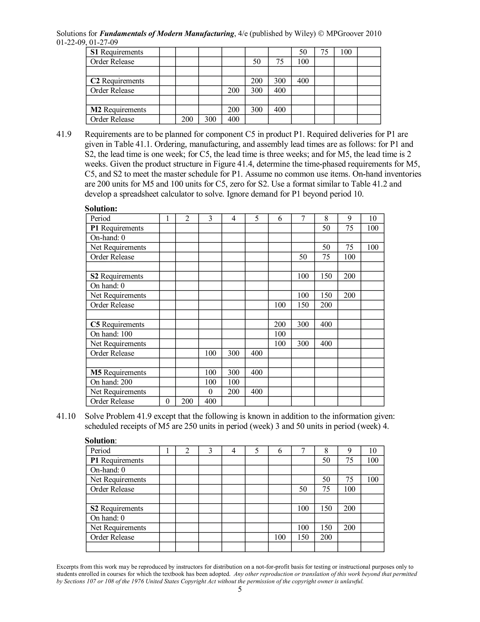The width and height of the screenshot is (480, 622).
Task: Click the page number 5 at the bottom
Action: point(240,589)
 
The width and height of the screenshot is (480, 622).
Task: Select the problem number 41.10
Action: point(66,416)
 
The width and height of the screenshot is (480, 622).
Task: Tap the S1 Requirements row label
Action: point(116,52)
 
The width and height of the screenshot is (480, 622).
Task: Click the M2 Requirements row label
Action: point(118,110)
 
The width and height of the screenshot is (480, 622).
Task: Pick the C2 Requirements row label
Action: point(117,81)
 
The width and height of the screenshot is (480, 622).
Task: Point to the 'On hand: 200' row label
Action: point(111,382)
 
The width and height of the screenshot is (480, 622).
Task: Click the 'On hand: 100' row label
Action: point(111,334)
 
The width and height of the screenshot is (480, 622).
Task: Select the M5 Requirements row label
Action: point(118,372)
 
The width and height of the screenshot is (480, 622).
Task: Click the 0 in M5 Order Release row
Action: point(168,401)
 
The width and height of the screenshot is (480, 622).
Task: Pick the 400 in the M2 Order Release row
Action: point(233,119)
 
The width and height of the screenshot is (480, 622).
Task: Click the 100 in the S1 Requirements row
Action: point(346,52)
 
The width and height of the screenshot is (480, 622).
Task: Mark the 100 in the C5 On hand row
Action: point(280,334)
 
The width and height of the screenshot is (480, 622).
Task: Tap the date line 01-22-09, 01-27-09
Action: point(87,42)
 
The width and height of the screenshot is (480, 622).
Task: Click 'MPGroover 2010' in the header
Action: point(354,34)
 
